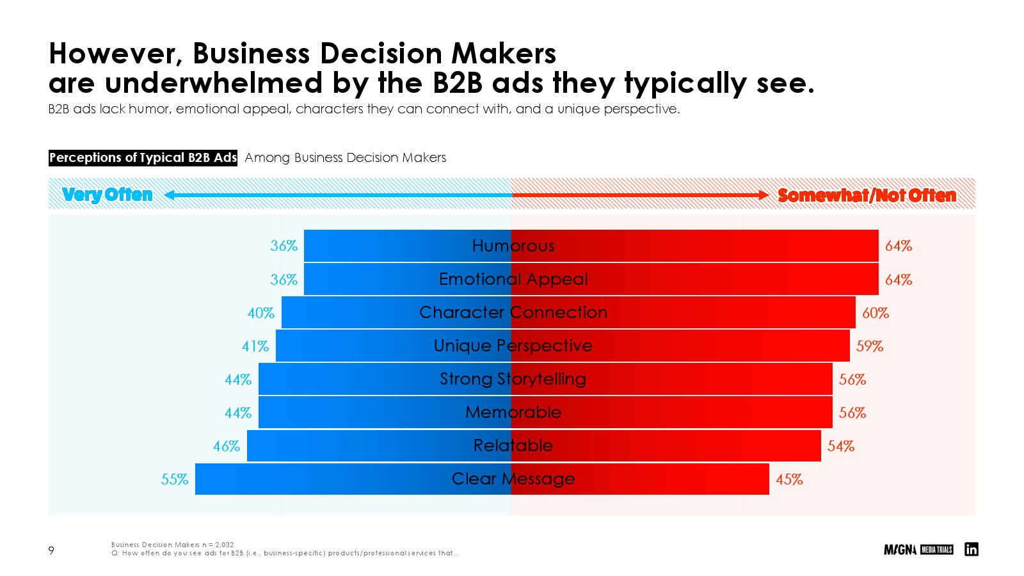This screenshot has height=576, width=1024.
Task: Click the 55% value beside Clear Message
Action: pyautogui.click(x=174, y=479)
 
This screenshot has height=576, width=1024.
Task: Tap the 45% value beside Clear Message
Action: pyautogui.click(x=789, y=479)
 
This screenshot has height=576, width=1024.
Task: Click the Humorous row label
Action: pyautogui.click(x=513, y=246)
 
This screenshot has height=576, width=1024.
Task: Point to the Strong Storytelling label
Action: pyautogui.click(x=513, y=379)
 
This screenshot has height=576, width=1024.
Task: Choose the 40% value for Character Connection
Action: pyautogui.click(x=261, y=313)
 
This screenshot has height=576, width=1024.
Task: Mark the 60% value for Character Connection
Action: pyautogui.click(x=875, y=313)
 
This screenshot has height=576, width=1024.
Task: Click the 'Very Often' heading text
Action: pyautogui.click(x=108, y=195)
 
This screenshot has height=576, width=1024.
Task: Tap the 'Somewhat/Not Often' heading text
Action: pyautogui.click(x=867, y=195)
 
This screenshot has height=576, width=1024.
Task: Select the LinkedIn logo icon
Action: pyautogui.click(x=971, y=549)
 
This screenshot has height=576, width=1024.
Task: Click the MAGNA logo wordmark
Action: pyautogui.click(x=900, y=550)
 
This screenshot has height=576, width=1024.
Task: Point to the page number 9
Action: pyautogui.click(x=51, y=550)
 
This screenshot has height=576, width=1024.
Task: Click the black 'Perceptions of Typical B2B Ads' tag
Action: pyautogui.click(x=143, y=157)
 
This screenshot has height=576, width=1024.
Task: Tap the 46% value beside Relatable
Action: pyautogui.click(x=227, y=446)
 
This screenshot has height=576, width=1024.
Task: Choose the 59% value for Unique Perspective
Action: pyautogui.click(x=870, y=346)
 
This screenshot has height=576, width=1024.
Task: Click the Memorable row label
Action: pyautogui.click(x=513, y=412)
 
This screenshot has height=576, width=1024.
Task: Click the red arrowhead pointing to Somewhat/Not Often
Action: pyautogui.click(x=764, y=195)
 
